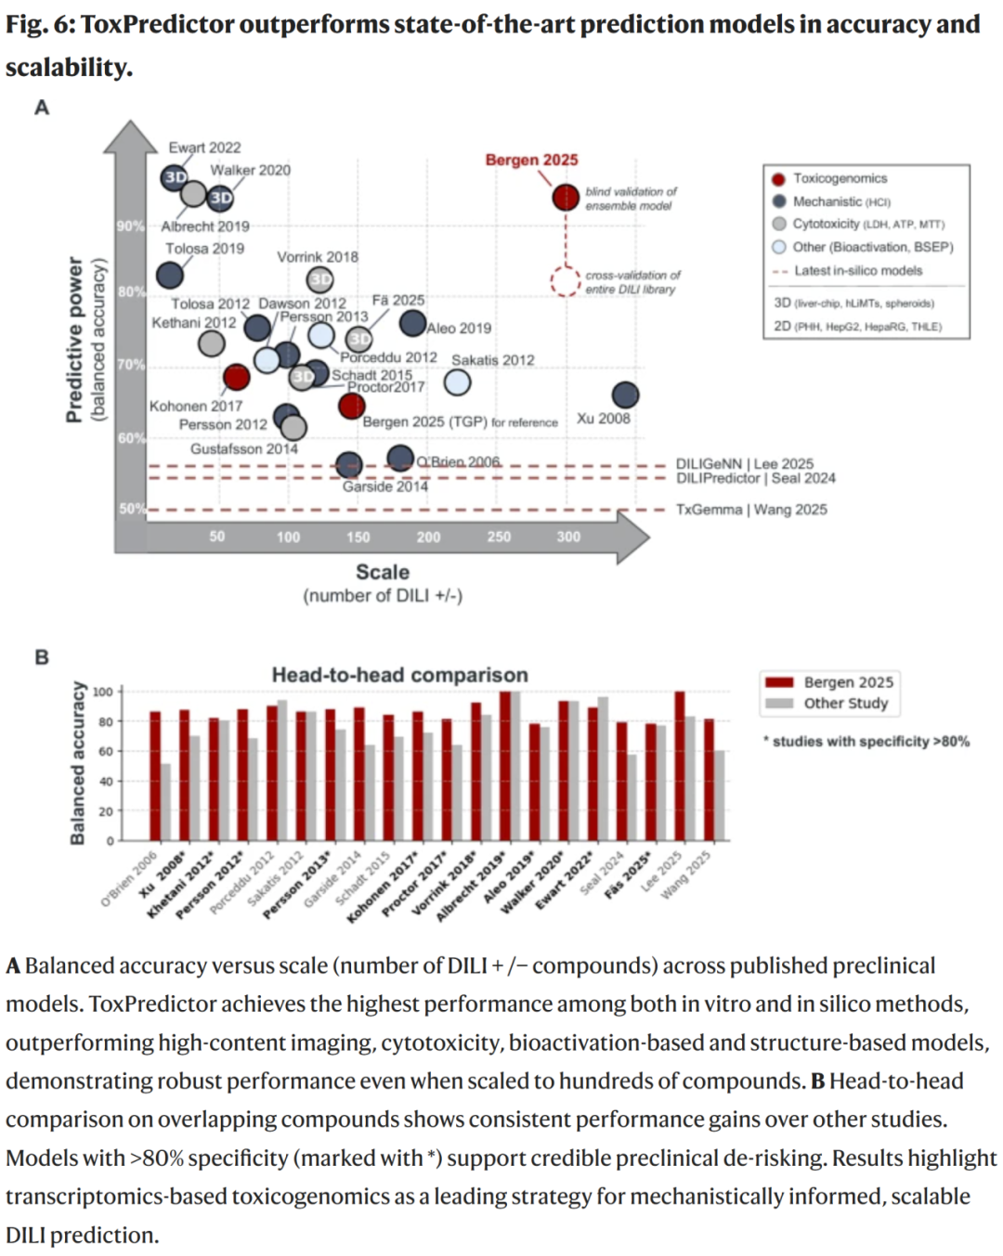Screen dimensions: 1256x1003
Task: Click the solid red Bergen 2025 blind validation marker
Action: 566,197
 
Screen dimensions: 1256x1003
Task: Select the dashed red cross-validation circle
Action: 566,281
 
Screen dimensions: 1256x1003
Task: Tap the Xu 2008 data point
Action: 625,395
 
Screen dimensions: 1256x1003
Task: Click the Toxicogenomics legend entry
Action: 839,178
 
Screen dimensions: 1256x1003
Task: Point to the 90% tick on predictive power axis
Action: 130,226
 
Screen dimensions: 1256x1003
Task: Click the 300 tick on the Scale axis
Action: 568,537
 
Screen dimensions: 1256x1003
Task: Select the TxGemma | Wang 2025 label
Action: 750,510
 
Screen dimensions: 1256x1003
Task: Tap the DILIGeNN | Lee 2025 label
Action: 744,463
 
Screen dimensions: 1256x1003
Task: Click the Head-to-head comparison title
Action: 399,675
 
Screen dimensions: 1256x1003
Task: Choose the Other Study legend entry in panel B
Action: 845,704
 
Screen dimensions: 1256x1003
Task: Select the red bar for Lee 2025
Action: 680,766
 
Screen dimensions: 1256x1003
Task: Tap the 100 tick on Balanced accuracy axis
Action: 102,692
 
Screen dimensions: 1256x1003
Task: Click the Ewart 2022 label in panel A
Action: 204,148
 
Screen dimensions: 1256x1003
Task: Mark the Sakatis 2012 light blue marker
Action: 457,382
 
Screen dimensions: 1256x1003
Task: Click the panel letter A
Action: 42,108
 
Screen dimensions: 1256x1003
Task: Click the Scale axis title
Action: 383,572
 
